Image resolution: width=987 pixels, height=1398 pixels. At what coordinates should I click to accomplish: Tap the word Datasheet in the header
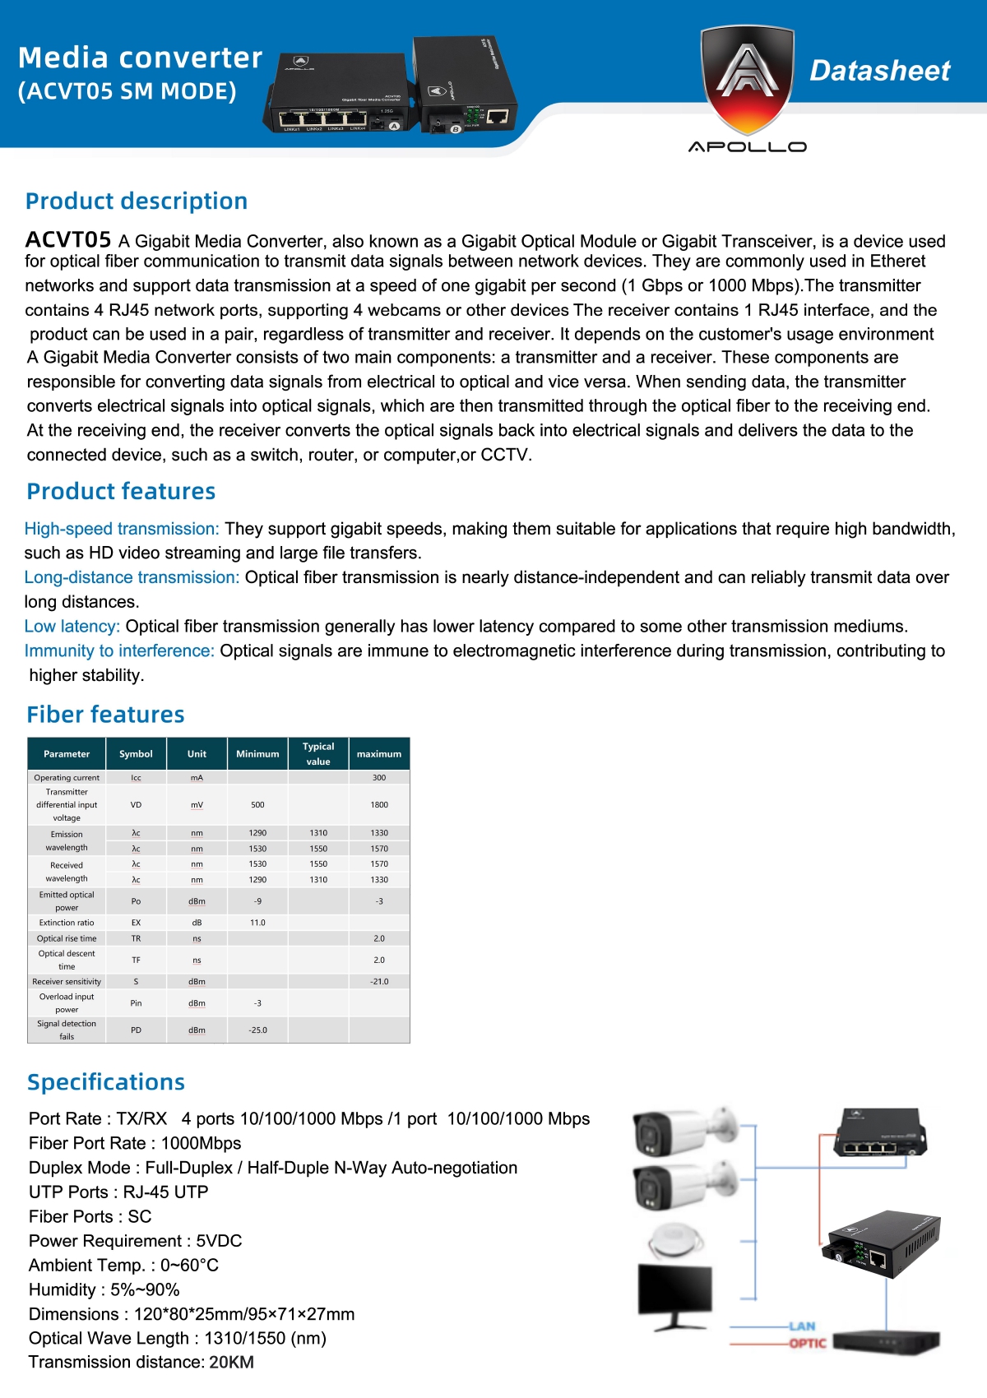[879, 71]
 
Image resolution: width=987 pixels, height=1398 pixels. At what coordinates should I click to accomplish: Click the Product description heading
[137, 201]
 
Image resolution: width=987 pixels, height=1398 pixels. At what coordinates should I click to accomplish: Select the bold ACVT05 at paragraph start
[68, 240]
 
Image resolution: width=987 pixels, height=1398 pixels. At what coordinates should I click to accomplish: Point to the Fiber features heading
[105, 715]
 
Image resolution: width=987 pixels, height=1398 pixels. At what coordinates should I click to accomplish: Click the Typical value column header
[318, 753]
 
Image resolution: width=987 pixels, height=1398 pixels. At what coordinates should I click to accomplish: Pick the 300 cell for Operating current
[379, 777]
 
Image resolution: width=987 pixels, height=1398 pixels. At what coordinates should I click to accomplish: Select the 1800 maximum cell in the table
[379, 805]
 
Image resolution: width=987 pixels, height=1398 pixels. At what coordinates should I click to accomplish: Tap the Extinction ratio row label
[67, 923]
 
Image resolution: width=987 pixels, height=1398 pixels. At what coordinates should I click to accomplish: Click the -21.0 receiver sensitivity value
[379, 982]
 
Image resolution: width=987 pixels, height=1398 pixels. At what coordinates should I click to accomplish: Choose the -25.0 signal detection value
[257, 1030]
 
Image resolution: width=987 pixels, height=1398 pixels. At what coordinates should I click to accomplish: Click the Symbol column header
[136, 754]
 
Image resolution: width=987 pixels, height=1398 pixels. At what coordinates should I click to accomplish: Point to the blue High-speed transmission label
[122, 529]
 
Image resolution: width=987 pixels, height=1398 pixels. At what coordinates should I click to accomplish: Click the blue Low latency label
[72, 627]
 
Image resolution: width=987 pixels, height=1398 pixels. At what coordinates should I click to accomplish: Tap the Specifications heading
[106, 1082]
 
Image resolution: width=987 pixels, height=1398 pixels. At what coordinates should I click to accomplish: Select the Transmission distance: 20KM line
[141, 1363]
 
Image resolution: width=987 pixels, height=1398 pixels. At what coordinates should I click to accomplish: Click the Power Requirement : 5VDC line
[136, 1241]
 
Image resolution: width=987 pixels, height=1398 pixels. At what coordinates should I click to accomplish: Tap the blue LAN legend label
[802, 1326]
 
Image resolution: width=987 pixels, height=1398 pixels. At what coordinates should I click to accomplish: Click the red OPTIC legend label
[807, 1344]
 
